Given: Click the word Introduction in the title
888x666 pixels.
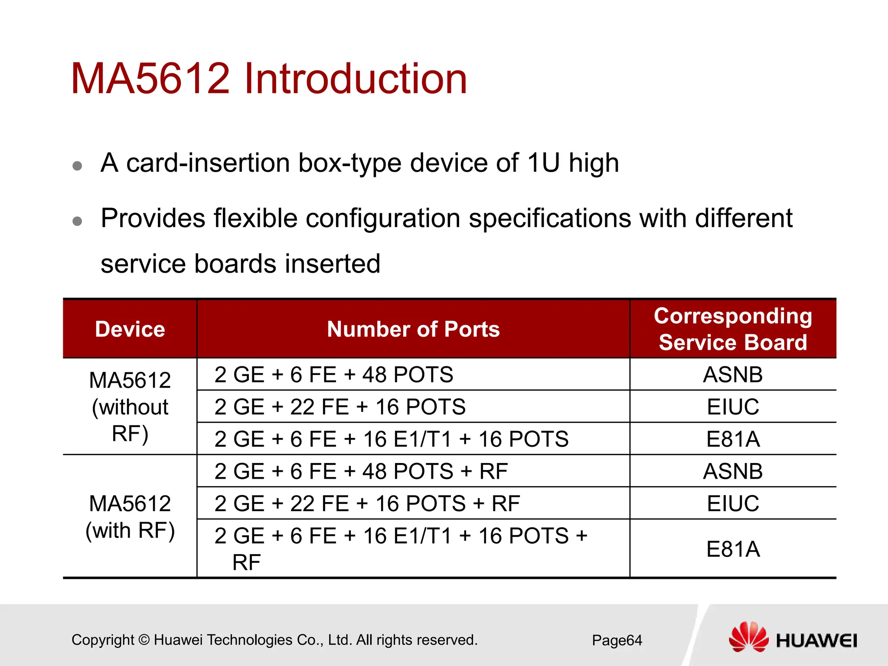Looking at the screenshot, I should pos(356,79).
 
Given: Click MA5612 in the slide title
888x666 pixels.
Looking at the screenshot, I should pos(150,79).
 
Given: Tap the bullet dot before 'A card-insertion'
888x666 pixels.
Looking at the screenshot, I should pos(77,166).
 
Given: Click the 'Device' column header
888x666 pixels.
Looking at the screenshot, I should pos(130,329).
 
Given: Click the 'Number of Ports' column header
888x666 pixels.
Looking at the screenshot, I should pos(413,329).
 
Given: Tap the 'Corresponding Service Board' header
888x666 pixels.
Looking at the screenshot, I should pos(733,329).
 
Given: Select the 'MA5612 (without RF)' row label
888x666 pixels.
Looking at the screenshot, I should pos(130,407).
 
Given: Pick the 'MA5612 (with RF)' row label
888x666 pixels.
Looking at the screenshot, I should pos(130,517).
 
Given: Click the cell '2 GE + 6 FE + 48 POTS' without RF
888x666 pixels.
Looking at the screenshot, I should pos(333,375).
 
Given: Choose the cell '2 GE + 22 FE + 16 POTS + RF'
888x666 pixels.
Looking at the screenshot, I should pos(367,503).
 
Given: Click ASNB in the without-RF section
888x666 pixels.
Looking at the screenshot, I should pos(733,375).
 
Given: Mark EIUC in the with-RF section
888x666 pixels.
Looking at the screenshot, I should pos(733,503).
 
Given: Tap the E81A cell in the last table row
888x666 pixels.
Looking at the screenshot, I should pos(733,549).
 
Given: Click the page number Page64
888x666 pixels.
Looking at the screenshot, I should pos(617,640).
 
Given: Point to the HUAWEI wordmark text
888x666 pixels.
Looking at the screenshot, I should pos(816,641).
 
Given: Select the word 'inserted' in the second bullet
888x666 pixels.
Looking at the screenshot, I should pos(332,264).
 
